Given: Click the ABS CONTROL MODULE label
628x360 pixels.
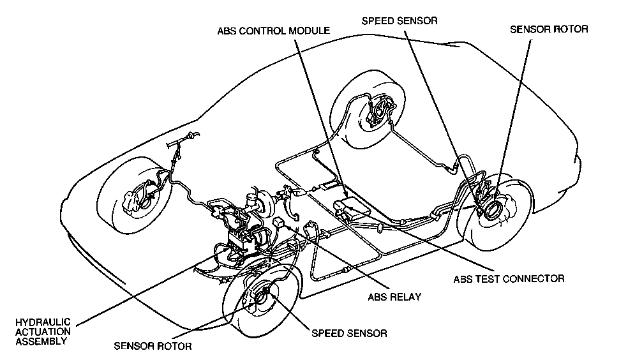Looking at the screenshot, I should (x=273, y=31).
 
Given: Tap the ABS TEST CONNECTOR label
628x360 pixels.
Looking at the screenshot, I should (x=509, y=279).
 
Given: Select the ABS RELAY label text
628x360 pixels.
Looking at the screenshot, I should (x=395, y=297).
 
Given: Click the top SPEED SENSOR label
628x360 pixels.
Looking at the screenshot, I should (x=399, y=20).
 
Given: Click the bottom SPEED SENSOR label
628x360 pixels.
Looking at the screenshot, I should (x=348, y=333).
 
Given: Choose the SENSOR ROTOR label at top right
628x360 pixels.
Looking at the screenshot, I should (x=549, y=29).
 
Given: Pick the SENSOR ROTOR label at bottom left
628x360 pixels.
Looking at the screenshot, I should (x=153, y=347).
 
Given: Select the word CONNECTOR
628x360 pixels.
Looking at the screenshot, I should (x=533, y=279).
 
